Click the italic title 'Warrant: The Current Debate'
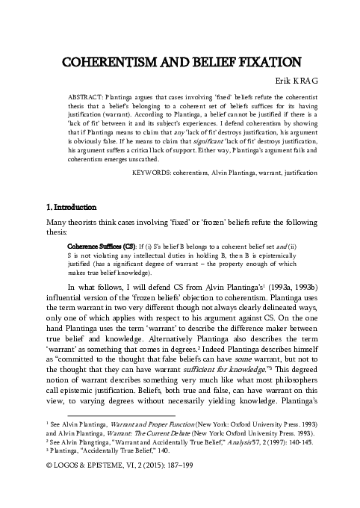tap(142, 433)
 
